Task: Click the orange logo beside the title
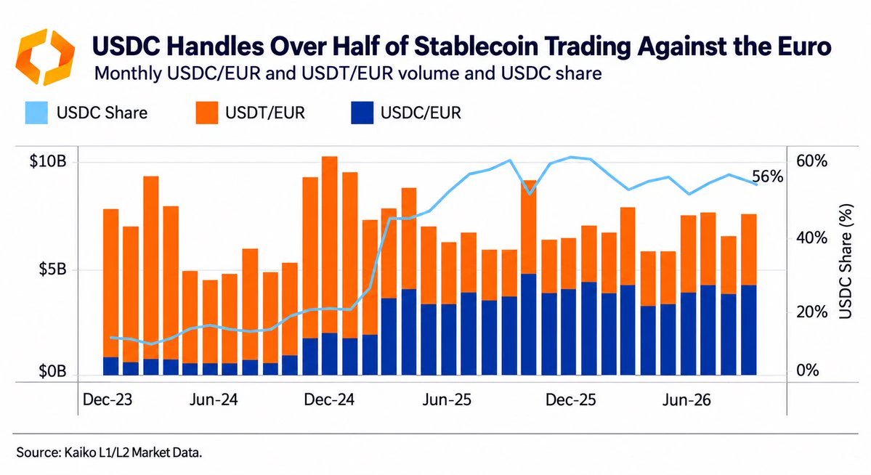click(45, 57)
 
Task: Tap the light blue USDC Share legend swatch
click(36, 113)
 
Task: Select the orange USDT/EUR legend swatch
click(206, 113)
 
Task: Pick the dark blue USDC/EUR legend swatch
click(362, 113)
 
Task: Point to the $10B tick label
click(48, 162)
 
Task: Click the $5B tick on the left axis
click(52, 270)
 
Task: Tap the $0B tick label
click(52, 372)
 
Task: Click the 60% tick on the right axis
click(811, 162)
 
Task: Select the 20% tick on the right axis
click(811, 312)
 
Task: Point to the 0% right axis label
click(808, 370)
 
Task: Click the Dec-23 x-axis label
click(108, 399)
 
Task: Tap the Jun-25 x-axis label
click(447, 399)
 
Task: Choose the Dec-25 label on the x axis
click(570, 399)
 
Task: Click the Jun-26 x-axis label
click(686, 399)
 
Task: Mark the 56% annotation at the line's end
click(767, 176)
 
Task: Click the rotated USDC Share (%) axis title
click(845, 261)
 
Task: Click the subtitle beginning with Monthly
click(348, 73)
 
